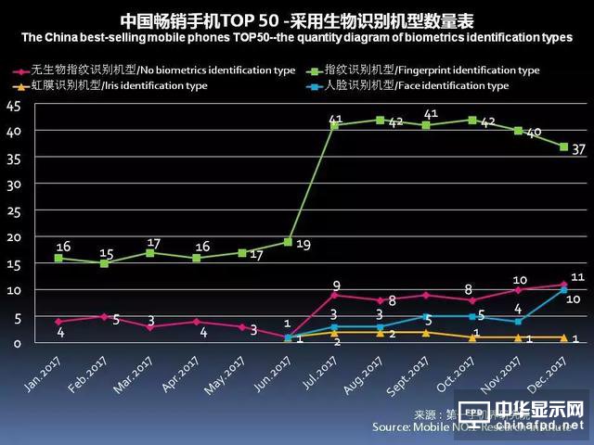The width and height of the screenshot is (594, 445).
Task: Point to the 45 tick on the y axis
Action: coord(13,105)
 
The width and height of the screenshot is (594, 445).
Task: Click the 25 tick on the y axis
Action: coord(13,210)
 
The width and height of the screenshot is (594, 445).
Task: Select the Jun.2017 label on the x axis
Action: coord(279,376)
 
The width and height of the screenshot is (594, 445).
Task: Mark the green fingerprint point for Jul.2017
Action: coord(334,125)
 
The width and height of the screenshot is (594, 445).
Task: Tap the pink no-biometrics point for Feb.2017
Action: coord(105,316)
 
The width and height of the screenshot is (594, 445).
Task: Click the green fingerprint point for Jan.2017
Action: coord(59,258)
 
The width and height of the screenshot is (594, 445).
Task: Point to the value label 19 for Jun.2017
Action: coord(303,246)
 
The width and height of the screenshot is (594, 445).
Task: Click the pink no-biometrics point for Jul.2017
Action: coord(334,295)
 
